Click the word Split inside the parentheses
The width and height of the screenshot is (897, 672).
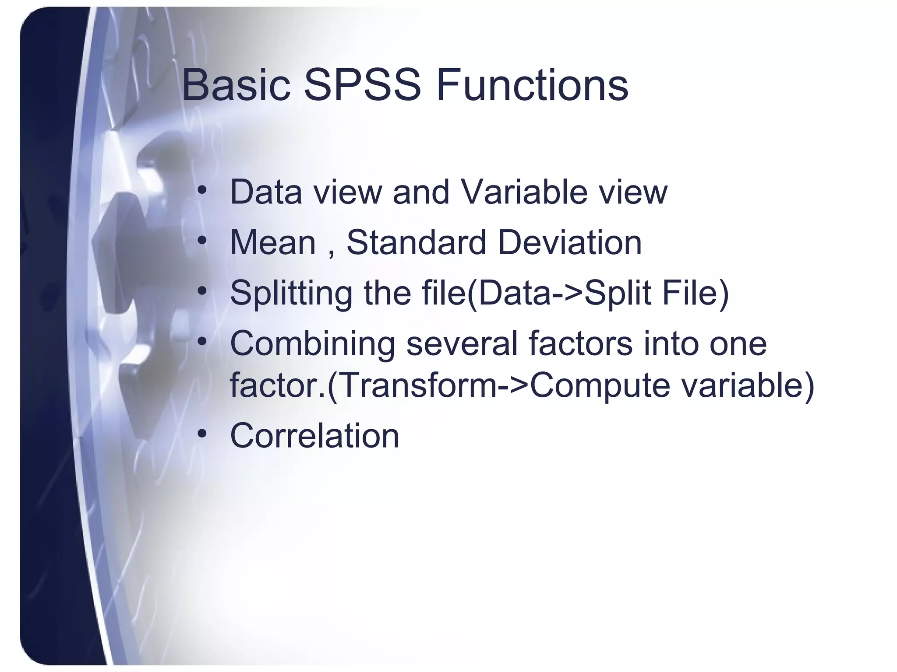click(618, 293)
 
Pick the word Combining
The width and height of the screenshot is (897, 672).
click(312, 344)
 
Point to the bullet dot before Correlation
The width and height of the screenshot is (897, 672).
click(201, 434)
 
